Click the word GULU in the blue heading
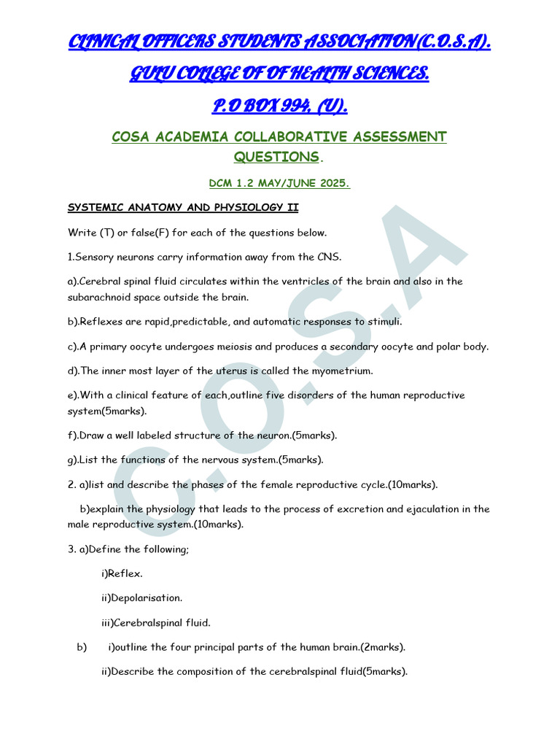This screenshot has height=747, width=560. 152,74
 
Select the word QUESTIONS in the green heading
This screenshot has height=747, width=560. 276,157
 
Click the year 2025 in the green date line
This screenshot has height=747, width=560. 332,184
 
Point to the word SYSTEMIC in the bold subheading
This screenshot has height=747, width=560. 95,208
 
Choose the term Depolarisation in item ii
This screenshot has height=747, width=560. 147,598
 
